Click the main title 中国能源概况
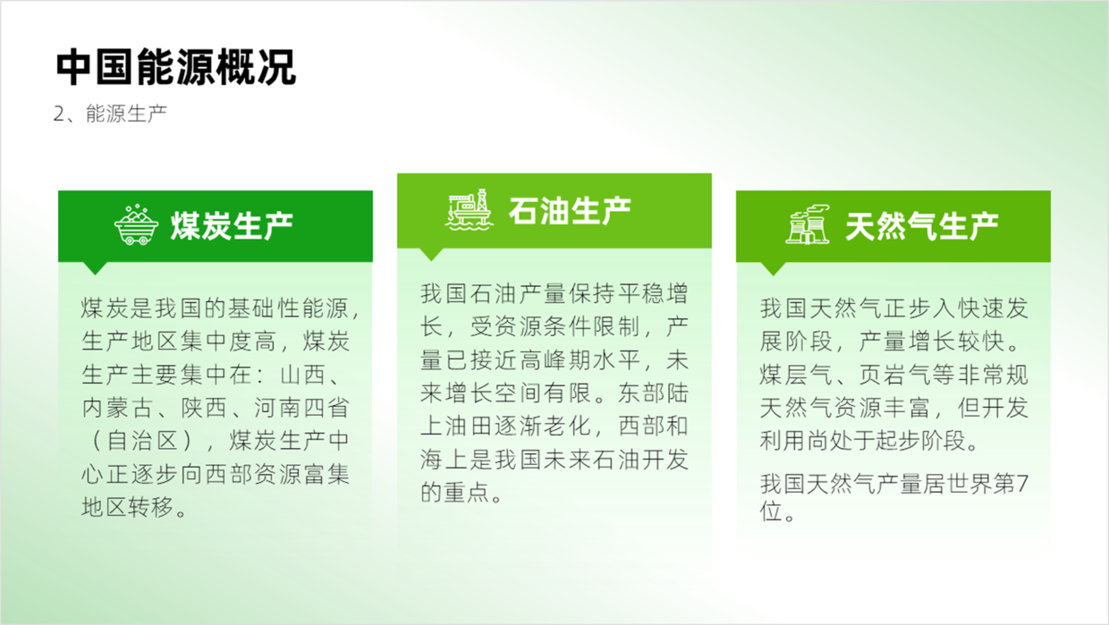(176, 67)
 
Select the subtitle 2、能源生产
(110, 114)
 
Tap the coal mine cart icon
(136, 225)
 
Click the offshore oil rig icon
(469, 209)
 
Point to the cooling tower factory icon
(808, 225)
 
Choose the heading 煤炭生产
(232, 226)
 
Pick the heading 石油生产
(570, 210)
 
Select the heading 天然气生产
(922, 226)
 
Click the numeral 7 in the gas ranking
(1022, 484)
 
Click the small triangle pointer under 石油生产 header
(431, 254)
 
